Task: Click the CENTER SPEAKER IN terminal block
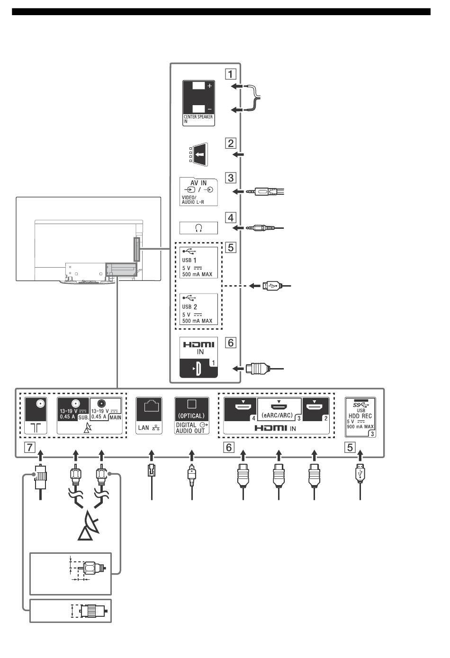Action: tap(198, 103)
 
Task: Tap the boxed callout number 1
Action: tap(231, 74)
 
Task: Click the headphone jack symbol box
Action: tap(198, 228)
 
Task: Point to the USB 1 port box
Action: tap(198, 262)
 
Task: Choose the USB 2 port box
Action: tap(198, 309)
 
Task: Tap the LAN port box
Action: tap(149, 415)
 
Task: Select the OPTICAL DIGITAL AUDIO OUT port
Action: tap(191, 415)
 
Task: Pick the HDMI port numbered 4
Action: tap(240, 409)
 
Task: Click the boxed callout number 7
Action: tap(30, 447)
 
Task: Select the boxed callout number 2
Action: tap(231, 144)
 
